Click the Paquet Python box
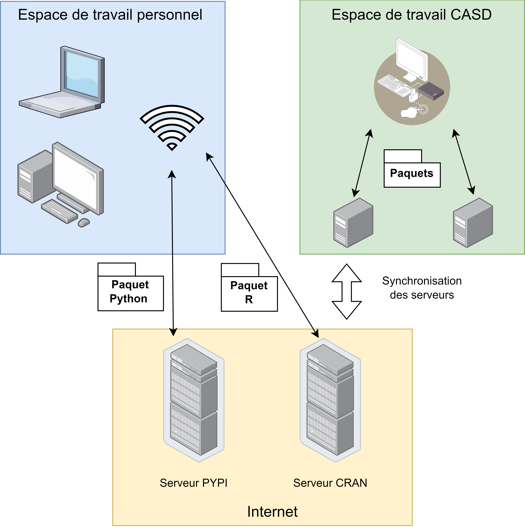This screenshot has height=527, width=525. [x=131, y=287]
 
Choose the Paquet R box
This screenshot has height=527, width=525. [x=249, y=287]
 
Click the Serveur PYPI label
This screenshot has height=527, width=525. [x=194, y=483]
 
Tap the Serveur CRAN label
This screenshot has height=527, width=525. [x=330, y=483]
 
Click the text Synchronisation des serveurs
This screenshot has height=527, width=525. [x=422, y=288]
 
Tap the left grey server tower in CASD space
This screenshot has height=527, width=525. [x=353, y=223]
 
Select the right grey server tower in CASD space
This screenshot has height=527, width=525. [x=473, y=223]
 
